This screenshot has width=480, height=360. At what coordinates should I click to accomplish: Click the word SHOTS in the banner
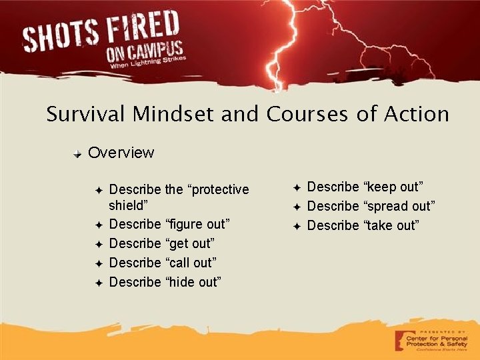(x=63, y=37)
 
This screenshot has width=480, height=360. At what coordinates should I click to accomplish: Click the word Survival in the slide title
(x=86, y=115)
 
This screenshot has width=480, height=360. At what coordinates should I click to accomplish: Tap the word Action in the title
(x=417, y=115)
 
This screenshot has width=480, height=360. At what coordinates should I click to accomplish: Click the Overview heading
(x=121, y=153)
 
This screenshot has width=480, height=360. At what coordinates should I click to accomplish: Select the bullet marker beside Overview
(x=78, y=153)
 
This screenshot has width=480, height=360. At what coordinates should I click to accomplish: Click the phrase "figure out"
(x=197, y=223)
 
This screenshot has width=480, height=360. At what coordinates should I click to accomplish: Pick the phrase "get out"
(x=191, y=243)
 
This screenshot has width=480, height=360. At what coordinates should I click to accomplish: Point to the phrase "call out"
(x=191, y=262)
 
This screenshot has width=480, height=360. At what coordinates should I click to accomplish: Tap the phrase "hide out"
(x=193, y=281)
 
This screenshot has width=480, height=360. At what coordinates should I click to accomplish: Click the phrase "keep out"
(x=393, y=187)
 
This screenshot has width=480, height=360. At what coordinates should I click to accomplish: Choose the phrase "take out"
(x=391, y=225)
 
